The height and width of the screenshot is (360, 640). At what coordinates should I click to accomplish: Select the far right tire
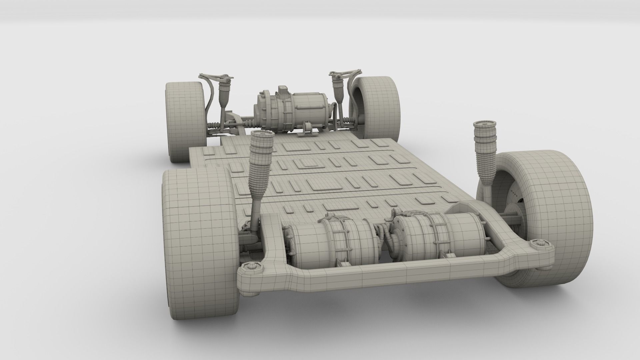(x=380, y=107)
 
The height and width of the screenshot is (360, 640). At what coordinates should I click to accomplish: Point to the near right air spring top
(x=484, y=126)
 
